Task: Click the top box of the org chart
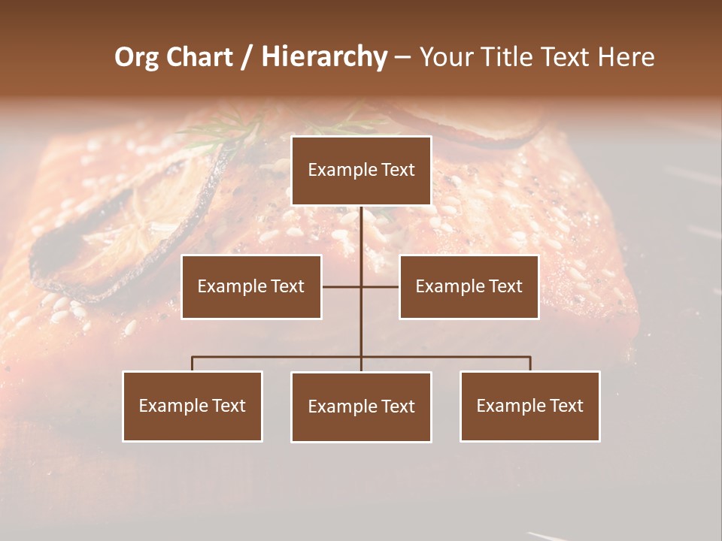point(361,171)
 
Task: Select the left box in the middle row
point(251,287)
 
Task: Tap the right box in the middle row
point(469,287)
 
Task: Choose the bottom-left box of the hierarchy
point(193,407)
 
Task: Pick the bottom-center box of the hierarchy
point(361,407)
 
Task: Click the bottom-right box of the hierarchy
point(529,407)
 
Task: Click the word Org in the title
point(136,58)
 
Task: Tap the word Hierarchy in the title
point(324,58)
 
